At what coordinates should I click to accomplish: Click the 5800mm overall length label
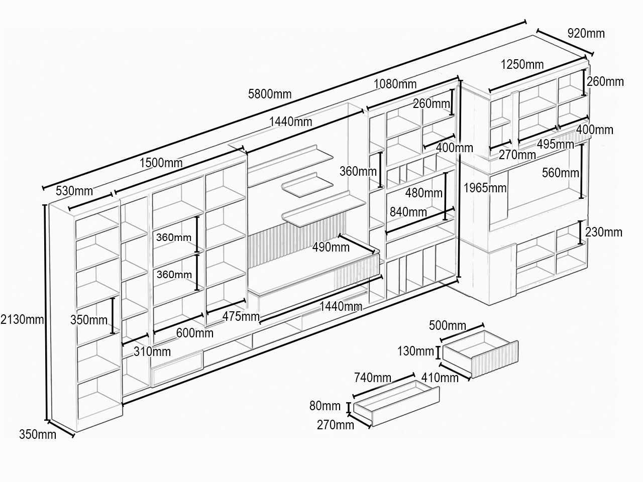[270, 94]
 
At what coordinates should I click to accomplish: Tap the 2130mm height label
[22, 319]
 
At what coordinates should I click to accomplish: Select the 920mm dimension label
[586, 33]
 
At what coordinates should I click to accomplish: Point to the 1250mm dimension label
[522, 64]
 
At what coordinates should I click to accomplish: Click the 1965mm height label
[485, 188]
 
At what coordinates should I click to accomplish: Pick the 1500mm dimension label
[161, 163]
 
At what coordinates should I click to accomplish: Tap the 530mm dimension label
[74, 191]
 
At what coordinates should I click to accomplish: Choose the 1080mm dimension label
[395, 84]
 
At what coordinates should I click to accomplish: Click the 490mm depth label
[331, 248]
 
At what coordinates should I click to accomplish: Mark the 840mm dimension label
[408, 212]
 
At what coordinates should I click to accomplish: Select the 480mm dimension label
[423, 193]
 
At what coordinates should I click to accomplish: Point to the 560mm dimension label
[561, 173]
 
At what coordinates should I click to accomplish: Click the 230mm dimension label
[604, 232]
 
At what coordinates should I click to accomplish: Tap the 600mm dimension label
[194, 333]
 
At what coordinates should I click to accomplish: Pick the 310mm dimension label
[152, 351]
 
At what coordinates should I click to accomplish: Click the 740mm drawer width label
[373, 378]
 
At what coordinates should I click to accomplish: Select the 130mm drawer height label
[415, 351]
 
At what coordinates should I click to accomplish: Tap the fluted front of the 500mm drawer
[495, 359]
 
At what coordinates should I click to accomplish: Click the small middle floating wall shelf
[307, 185]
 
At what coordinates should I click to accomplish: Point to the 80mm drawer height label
[325, 406]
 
